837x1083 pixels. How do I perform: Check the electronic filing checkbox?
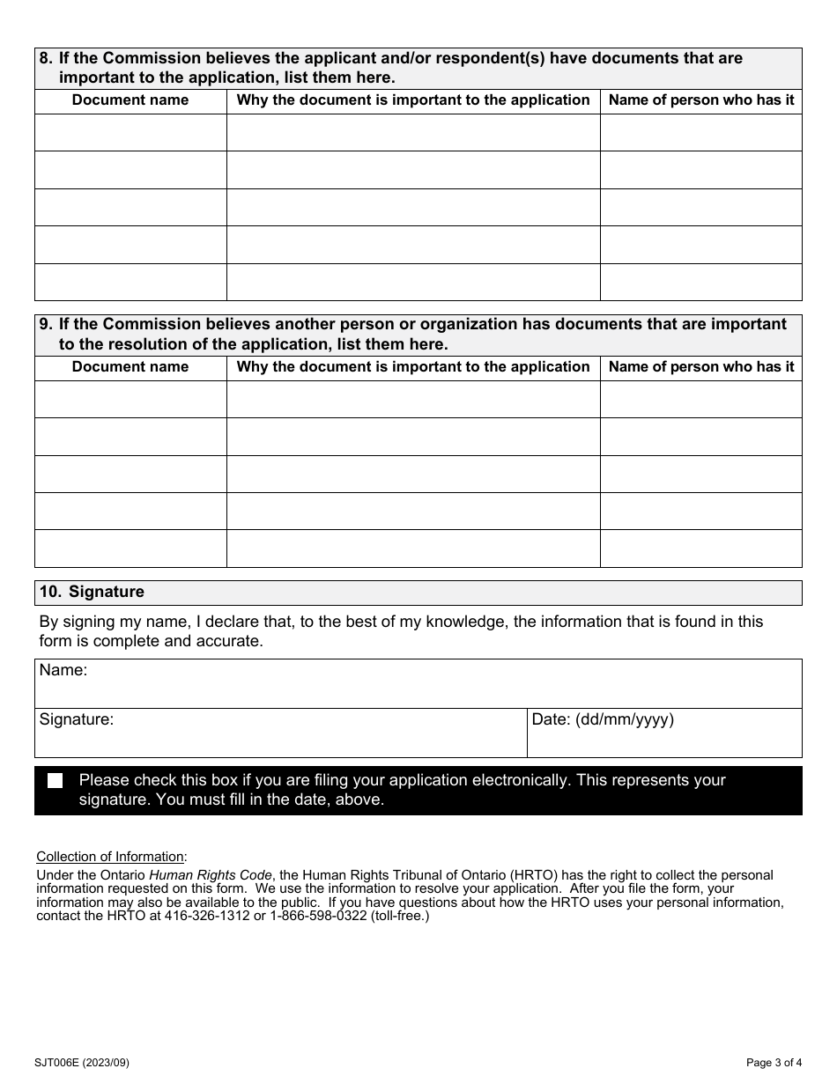point(56,781)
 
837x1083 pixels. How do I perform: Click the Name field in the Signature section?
point(418,684)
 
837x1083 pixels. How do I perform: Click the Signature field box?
point(280,733)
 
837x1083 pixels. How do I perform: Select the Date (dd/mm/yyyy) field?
point(664,733)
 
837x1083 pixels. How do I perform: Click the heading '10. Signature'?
point(92,593)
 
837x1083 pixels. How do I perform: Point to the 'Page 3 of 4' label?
point(774,1063)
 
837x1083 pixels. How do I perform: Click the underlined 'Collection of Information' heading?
point(111,857)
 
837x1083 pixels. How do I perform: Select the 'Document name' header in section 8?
point(130,100)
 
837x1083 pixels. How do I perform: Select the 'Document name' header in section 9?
point(130,367)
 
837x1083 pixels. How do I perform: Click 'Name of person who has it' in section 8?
point(701,100)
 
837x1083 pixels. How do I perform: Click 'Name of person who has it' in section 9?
point(701,367)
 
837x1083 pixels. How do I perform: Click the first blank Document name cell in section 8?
point(130,133)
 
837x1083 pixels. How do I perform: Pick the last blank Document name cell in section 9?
point(130,549)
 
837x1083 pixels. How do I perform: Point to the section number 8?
point(45,59)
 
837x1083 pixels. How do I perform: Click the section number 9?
point(45,325)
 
